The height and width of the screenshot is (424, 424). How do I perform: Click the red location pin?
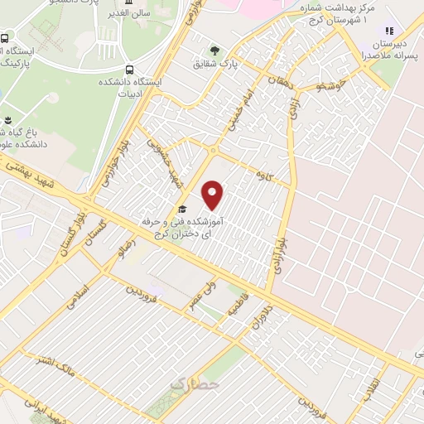(213, 195)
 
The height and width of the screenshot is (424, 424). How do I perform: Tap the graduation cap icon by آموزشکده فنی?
(181, 210)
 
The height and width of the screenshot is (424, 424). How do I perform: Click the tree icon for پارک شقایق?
(216, 51)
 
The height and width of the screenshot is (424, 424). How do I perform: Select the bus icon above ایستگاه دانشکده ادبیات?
(128, 70)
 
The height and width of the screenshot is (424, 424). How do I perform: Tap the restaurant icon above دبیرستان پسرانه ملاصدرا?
(389, 31)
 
